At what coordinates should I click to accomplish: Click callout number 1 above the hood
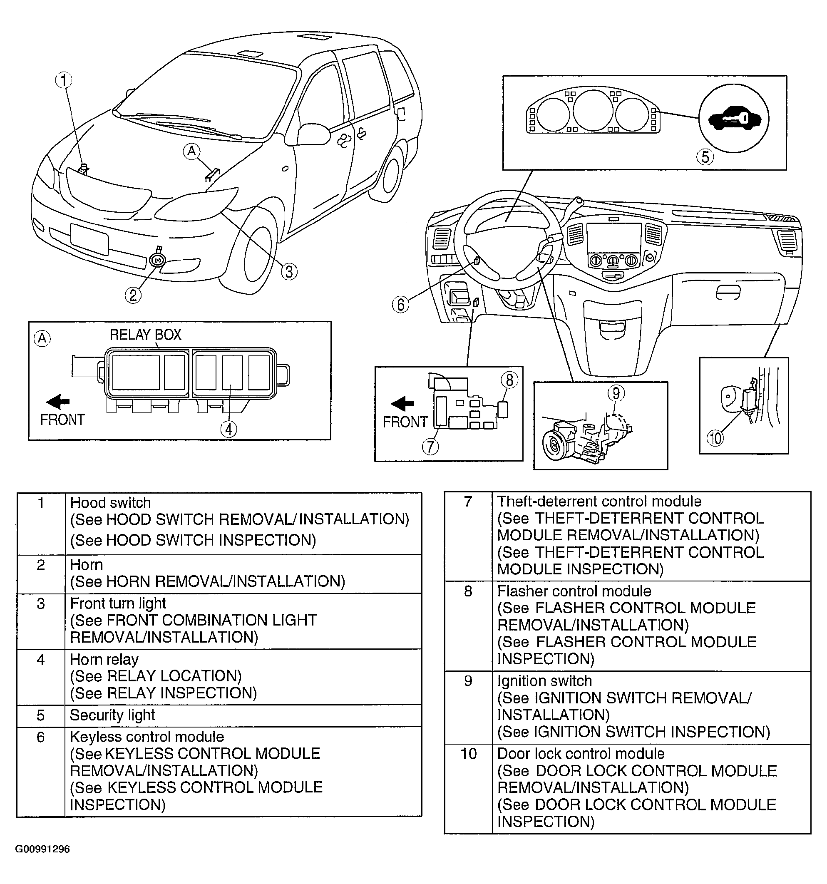(x=64, y=80)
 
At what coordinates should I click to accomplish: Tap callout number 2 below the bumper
(x=133, y=295)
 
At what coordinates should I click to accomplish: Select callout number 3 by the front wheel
(x=289, y=271)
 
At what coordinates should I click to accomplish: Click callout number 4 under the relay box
(x=228, y=429)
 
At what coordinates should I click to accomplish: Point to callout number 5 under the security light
(x=705, y=156)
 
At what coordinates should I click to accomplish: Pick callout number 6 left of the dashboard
(x=400, y=305)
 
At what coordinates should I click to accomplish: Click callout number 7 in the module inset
(x=430, y=446)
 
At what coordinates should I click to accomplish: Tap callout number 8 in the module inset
(x=509, y=380)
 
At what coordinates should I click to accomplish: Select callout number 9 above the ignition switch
(x=616, y=392)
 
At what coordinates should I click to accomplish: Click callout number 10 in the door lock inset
(x=715, y=438)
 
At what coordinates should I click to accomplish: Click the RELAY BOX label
(x=145, y=334)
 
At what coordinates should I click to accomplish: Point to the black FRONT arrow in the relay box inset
(x=58, y=402)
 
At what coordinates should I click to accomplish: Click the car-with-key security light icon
(x=734, y=119)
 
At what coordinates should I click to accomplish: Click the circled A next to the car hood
(x=191, y=151)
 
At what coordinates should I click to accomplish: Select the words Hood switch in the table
(x=110, y=503)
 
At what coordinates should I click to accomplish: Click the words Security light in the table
(x=112, y=715)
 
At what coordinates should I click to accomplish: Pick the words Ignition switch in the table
(x=544, y=681)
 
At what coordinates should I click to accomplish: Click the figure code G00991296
(x=43, y=849)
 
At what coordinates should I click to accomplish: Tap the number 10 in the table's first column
(x=469, y=754)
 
